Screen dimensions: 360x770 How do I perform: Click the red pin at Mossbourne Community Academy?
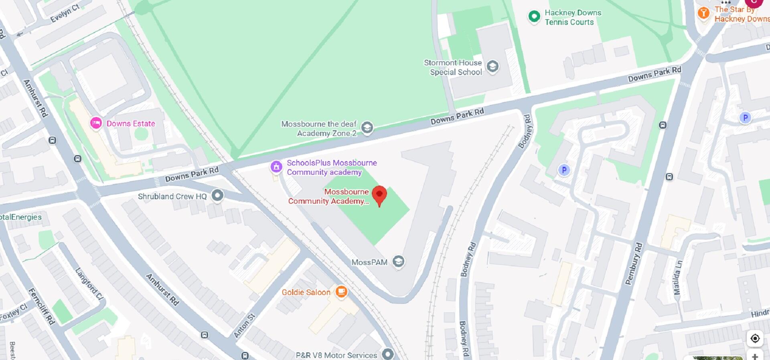click(379, 195)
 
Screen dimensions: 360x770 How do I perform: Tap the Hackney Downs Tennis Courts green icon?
click(534, 17)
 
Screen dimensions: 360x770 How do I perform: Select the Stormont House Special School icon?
click(492, 66)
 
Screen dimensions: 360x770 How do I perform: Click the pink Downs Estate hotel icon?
click(96, 123)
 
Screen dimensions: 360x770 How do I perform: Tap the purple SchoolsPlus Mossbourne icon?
click(276, 166)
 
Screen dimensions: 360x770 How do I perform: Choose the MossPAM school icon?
click(398, 261)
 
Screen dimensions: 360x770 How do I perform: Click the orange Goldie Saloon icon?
click(341, 291)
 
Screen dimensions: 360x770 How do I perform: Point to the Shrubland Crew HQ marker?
click(217, 195)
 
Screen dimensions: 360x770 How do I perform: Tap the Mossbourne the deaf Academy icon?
click(367, 127)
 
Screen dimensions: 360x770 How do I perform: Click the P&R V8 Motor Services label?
click(336, 355)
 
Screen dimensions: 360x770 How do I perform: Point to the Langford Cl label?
click(89, 284)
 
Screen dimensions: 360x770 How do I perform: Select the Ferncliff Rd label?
click(41, 306)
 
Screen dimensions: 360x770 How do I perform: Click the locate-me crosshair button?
click(755, 338)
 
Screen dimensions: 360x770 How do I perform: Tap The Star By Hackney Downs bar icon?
click(703, 13)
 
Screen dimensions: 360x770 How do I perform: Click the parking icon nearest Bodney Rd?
click(564, 170)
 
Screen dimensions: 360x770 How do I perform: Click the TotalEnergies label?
click(21, 217)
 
